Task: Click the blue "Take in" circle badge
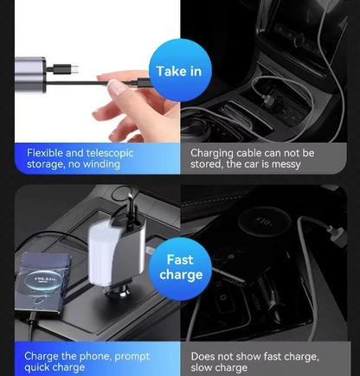click(x=178, y=71)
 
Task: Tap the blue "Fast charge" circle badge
click(x=180, y=267)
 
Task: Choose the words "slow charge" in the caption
click(x=222, y=368)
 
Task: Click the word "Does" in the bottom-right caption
click(x=205, y=356)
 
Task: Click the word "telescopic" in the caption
click(x=108, y=152)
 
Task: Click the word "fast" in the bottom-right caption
click(x=283, y=356)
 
